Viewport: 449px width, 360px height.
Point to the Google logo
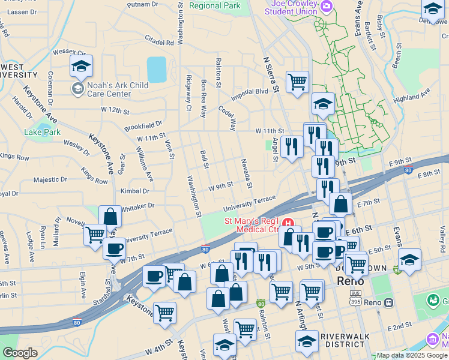(20, 353)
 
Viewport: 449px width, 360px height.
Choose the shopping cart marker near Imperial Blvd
(297, 82)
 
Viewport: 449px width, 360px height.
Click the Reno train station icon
(389, 302)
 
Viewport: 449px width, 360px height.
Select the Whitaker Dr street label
(138, 206)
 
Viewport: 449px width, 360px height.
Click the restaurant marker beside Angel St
(291, 146)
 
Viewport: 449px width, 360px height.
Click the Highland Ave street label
(412, 96)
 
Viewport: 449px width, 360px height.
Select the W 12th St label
(115, 110)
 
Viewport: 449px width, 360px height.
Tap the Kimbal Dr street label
(134, 191)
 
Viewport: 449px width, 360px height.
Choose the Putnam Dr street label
(143, 4)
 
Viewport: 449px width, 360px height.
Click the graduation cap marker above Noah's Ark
(81, 67)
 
